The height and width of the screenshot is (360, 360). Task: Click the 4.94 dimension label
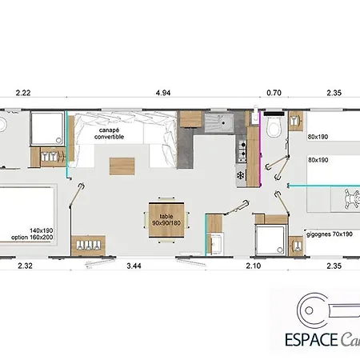(163, 93)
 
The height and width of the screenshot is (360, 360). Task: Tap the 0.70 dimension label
(274, 93)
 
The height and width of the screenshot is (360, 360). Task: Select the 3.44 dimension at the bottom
(134, 266)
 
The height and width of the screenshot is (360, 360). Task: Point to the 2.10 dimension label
(253, 266)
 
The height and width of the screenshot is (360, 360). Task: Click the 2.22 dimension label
(23, 93)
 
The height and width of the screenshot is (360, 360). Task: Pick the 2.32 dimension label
(25, 266)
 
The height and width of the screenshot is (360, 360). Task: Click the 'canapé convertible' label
(109, 134)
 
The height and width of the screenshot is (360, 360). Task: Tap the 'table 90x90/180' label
(166, 220)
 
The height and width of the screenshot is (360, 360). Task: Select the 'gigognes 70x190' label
(330, 234)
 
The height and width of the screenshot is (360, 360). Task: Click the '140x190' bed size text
(42, 230)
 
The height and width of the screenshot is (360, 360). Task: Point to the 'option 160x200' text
(32, 238)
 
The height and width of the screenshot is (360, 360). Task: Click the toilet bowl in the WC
(274, 127)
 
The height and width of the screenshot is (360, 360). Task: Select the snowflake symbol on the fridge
(241, 175)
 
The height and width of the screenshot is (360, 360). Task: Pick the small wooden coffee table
(122, 166)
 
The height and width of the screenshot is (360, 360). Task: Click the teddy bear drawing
(351, 198)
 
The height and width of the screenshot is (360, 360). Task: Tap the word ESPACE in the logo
(311, 340)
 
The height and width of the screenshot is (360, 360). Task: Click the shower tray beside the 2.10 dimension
(270, 239)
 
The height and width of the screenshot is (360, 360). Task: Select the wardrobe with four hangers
(88, 246)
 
